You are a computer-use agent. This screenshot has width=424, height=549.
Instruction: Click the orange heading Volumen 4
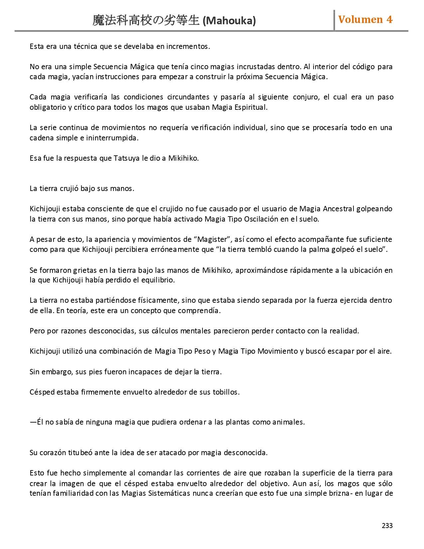coord(365,20)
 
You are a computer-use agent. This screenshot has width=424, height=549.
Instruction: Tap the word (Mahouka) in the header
coord(229,21)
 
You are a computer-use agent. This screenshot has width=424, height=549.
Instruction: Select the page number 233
coord(387,526)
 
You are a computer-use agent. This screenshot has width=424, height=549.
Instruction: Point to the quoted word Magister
coord(213,240)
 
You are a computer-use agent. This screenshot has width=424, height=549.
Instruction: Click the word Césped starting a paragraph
coord(42,392)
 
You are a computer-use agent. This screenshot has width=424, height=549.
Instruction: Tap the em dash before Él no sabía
coord(33,422)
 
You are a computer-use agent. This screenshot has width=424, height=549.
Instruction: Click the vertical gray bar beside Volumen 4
coord(334,21)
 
